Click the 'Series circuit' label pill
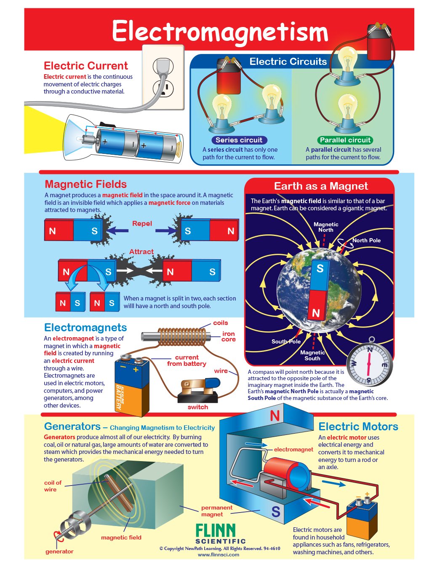pyautogui.click(x=239, y=140)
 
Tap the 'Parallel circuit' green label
pyautogui.click(x=345, y=140)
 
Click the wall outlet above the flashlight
pyautogui.click(x=163, y=78)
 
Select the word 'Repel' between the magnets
pyautogui.click(x=142, y=223)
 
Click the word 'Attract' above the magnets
pyautogui.click(x=141, y=252)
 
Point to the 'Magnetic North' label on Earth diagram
pyautogui.click(x=325, y=227)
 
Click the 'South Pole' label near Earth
pyautogui.click(x=286, y=341)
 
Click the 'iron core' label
pyautogui.click(x=229, y=336)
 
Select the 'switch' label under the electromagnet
pyautogui.click(x=198, y=407)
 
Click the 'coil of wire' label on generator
pyautogui.click(x=53, y=486)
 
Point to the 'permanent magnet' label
pyautogui.click(x=216, y=511)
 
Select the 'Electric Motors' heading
pyautogui.click(x=358, y=427)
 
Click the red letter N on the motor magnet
pyautogui.click(x=275, y=416)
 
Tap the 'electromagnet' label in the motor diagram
pyautogui.click(x=293, y=449)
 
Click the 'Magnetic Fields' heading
pyautogui.click(x=85, y=184)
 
